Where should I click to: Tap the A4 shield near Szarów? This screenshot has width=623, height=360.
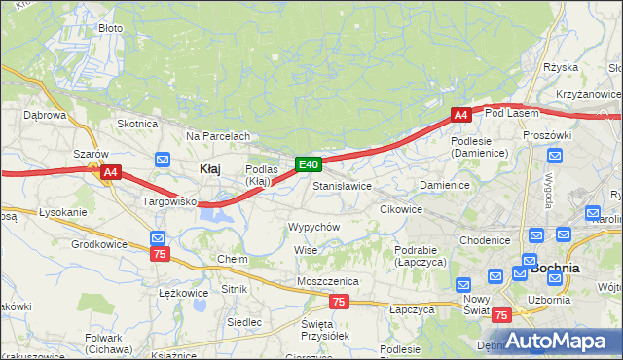pos(111,173)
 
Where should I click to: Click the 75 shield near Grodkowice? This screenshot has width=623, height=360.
pos(162,253)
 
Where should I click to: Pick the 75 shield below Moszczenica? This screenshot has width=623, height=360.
pos(338,303)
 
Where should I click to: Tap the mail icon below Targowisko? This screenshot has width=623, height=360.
pos(158,237)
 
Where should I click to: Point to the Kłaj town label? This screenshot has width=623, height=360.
pos(209,168)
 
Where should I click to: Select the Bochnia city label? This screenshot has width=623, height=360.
pos(555,267)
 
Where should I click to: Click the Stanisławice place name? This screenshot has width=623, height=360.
pos(343,185)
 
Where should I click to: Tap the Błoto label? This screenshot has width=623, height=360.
pos(110,28)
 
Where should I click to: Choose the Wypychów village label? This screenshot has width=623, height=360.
pos(313,227)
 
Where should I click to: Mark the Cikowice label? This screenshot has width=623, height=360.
pos(400,209)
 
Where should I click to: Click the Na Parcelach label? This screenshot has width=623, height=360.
pos(218,136)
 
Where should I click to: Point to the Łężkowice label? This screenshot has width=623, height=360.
pos(183,292)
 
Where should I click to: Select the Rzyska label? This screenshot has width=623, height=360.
pos(562,67)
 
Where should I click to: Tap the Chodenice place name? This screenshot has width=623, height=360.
pos(485,240)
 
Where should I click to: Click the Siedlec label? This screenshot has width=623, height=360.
pos(243,321)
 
